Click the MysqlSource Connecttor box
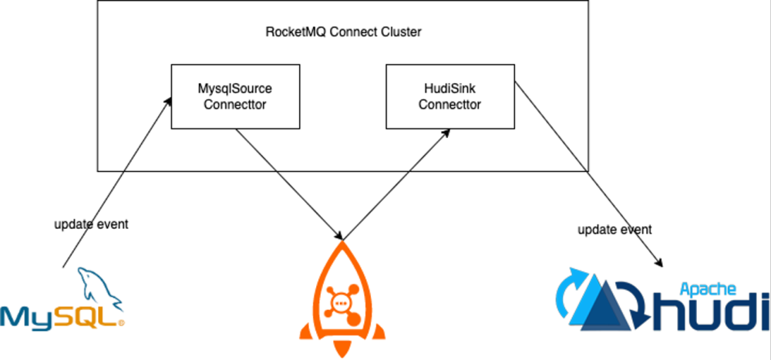click(x=234, y=96)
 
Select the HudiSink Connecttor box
click(x=449, y=96)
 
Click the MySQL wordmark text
click(x=60, y=316)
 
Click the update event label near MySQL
click(x=91, y=225)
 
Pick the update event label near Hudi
click(x=614, y=229)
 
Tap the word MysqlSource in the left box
click(x=234, y=89)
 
